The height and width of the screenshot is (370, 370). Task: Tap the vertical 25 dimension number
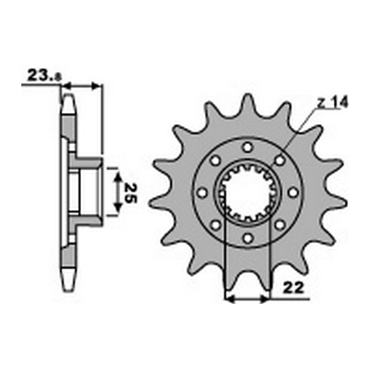(130, 192)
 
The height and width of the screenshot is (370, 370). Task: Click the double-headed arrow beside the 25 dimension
(117, 192)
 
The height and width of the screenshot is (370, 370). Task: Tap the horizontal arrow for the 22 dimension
(247, 300)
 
